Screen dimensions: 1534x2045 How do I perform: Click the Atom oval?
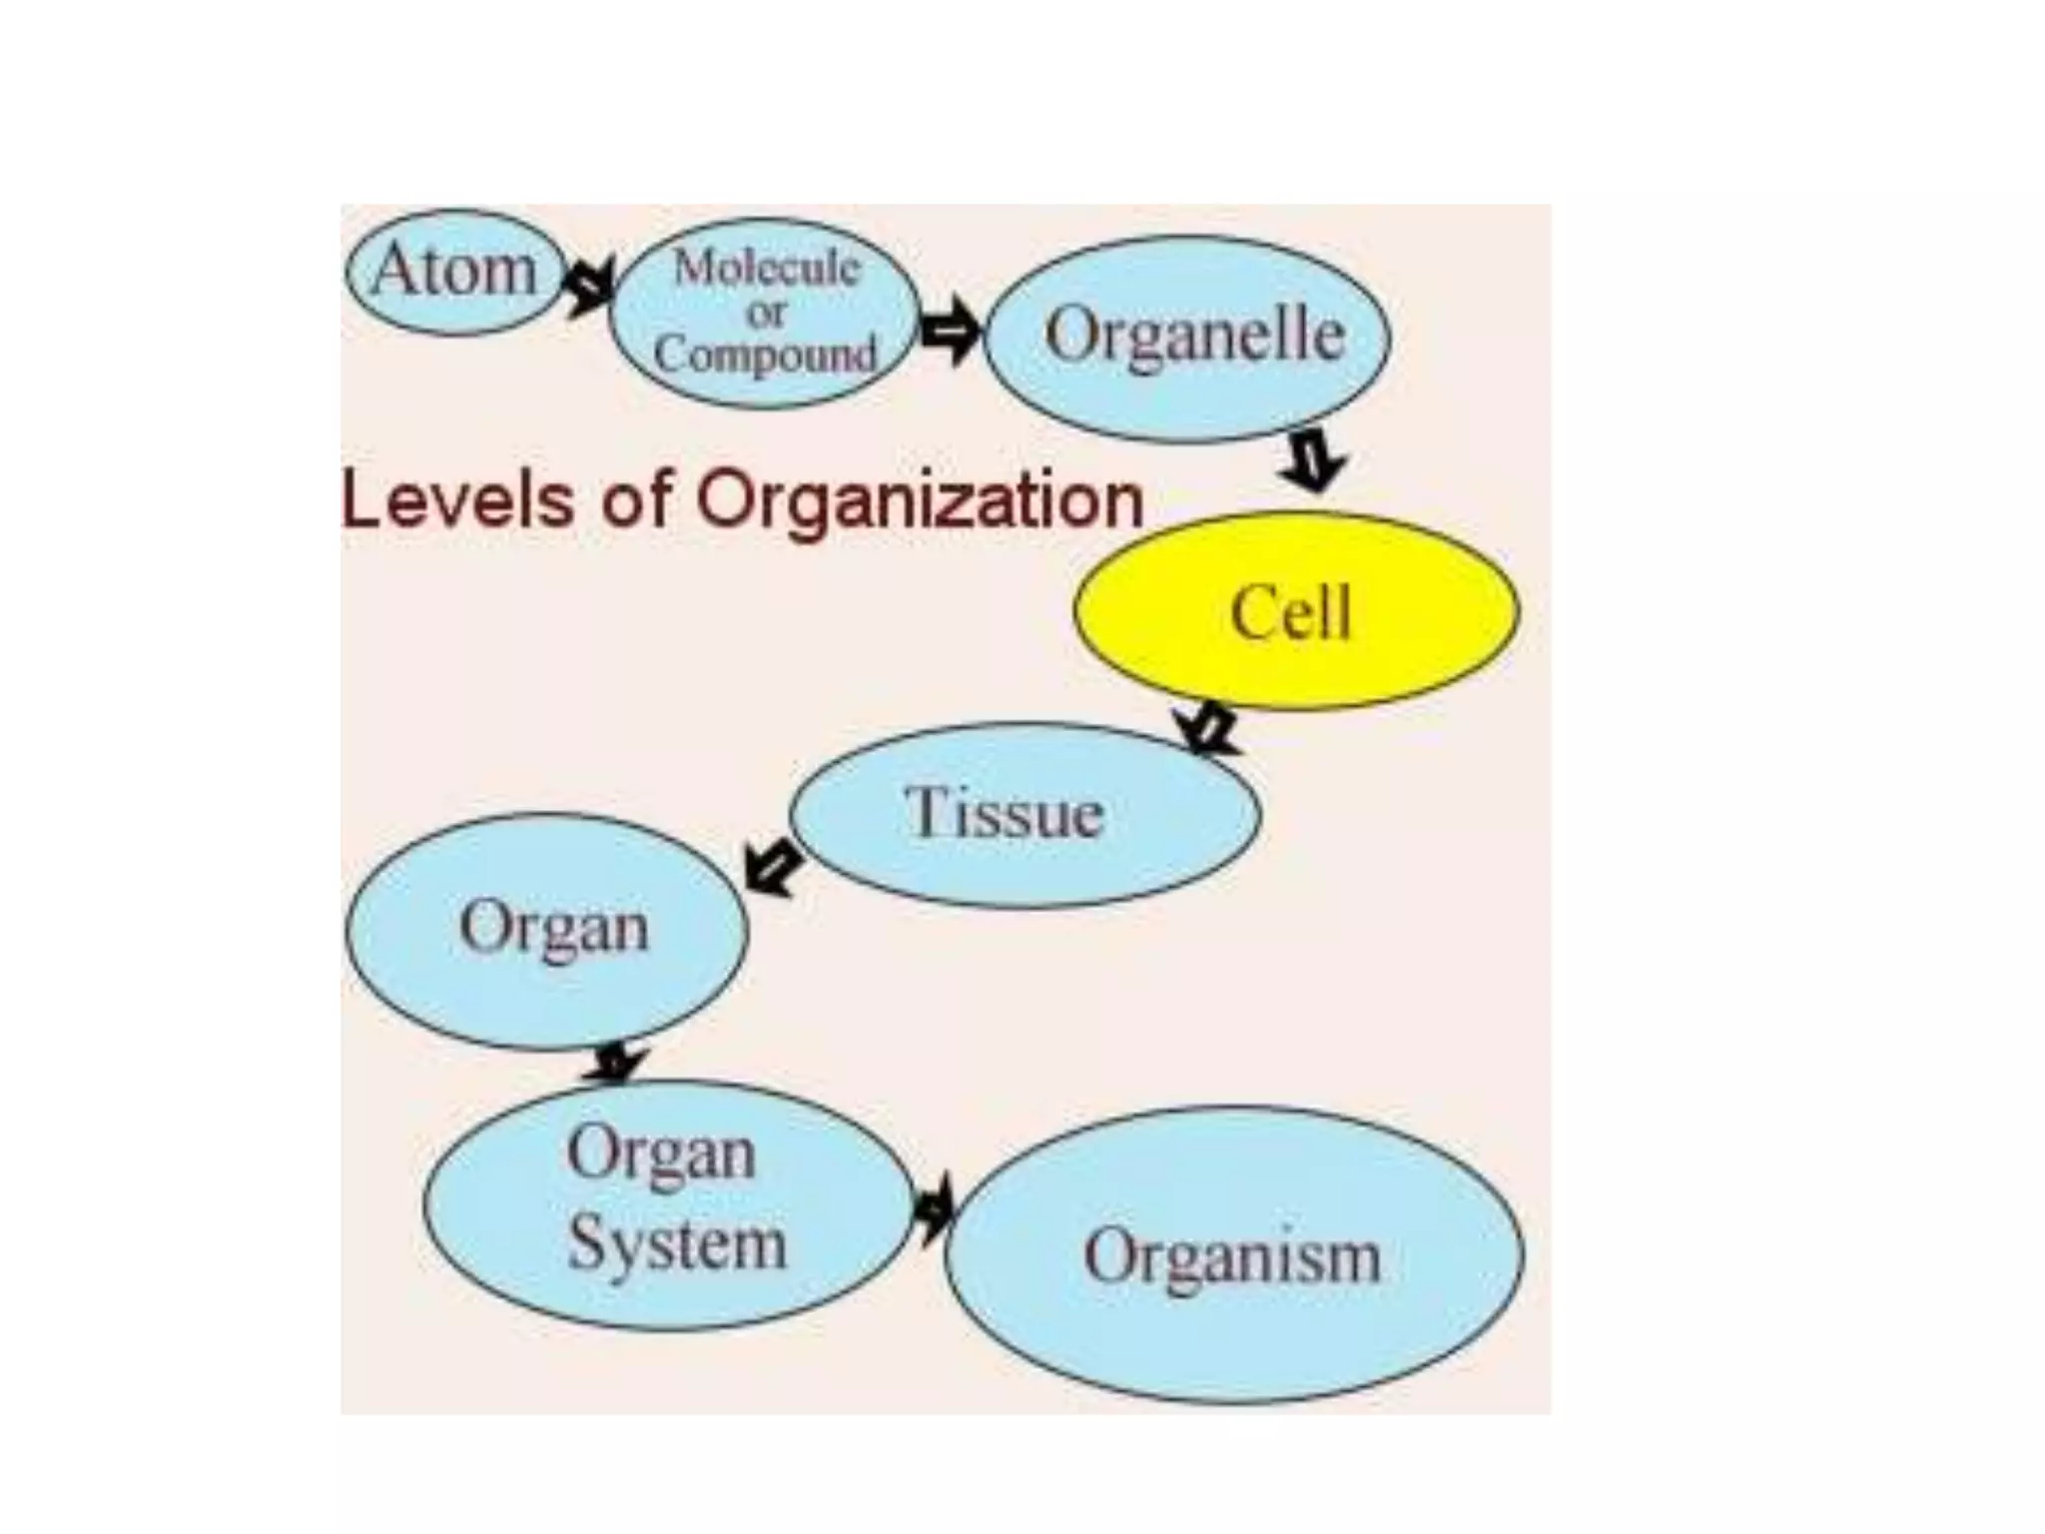tap(454, 272)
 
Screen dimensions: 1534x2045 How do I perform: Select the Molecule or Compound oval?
tap(764, 313)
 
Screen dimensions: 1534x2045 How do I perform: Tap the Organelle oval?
tap(1188, 338)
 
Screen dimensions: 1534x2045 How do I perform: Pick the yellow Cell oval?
tap(1295, 611)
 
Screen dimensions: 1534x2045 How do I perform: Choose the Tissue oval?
tap(1024, 814)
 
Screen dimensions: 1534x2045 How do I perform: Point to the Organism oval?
tap(1233, 1254)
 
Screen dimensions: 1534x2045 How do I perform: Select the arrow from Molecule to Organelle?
tap(950, 330)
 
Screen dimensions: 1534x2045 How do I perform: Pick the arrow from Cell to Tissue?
tap(1206, 728)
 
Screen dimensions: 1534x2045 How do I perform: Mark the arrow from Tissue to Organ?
tap(773, 867)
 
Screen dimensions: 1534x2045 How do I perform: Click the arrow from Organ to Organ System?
tap(616, 1064)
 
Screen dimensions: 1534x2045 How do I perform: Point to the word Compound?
tap(765, 355)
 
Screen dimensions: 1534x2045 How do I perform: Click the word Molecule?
tap(766, 268)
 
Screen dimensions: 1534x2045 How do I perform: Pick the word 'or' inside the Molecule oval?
tap(765, 313)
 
